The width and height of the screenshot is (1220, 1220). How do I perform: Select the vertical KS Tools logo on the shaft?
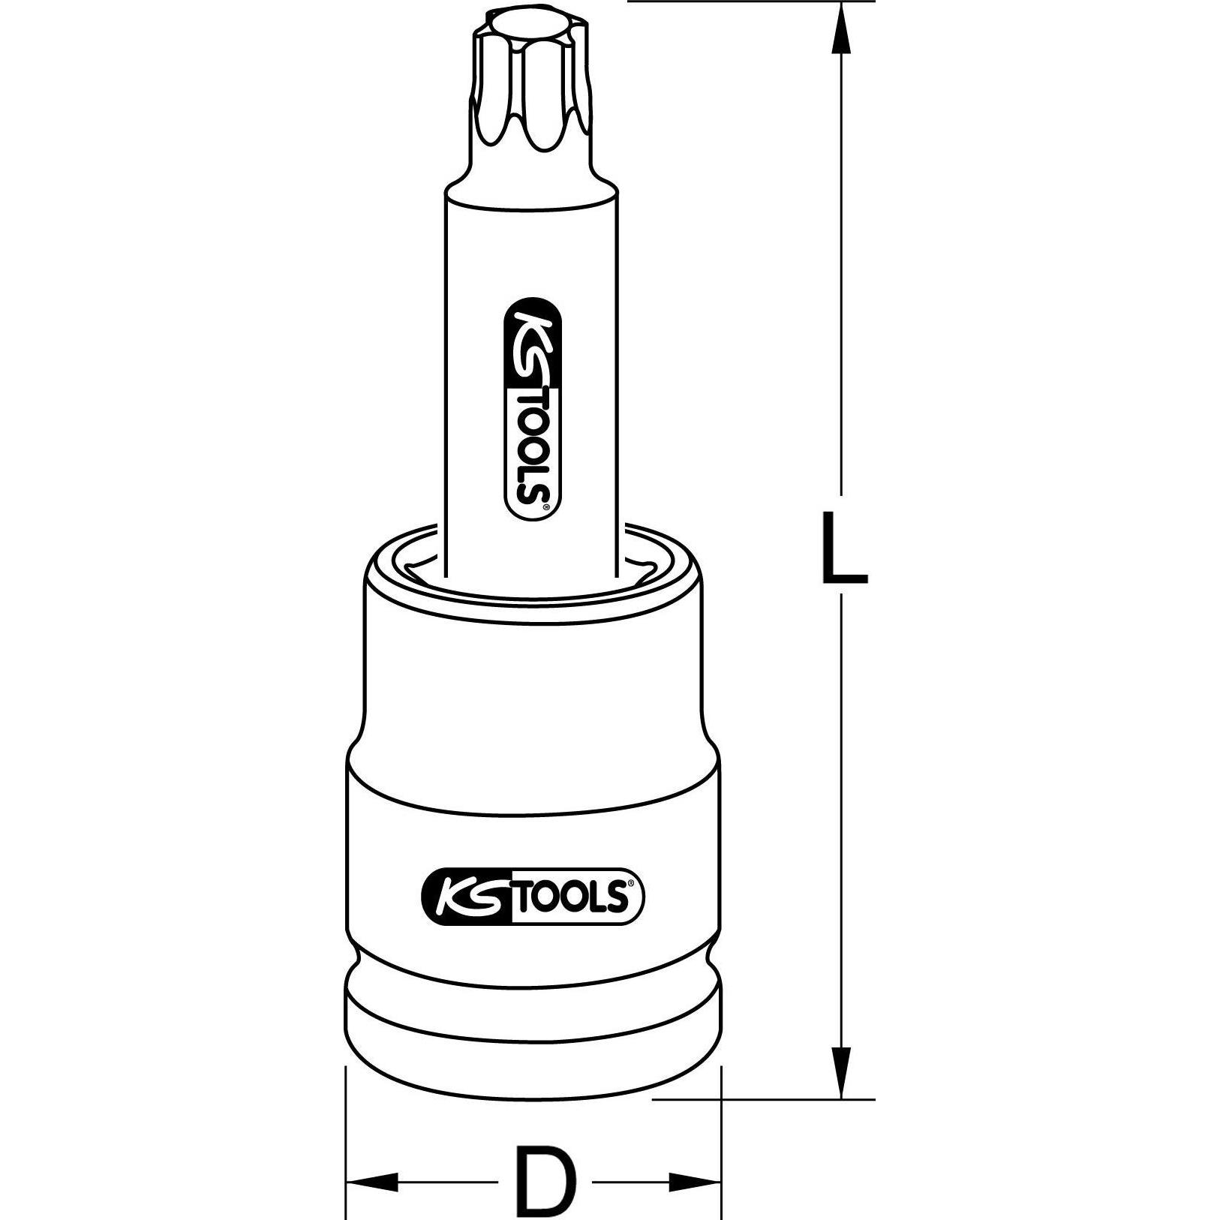(x=532, y=408)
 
